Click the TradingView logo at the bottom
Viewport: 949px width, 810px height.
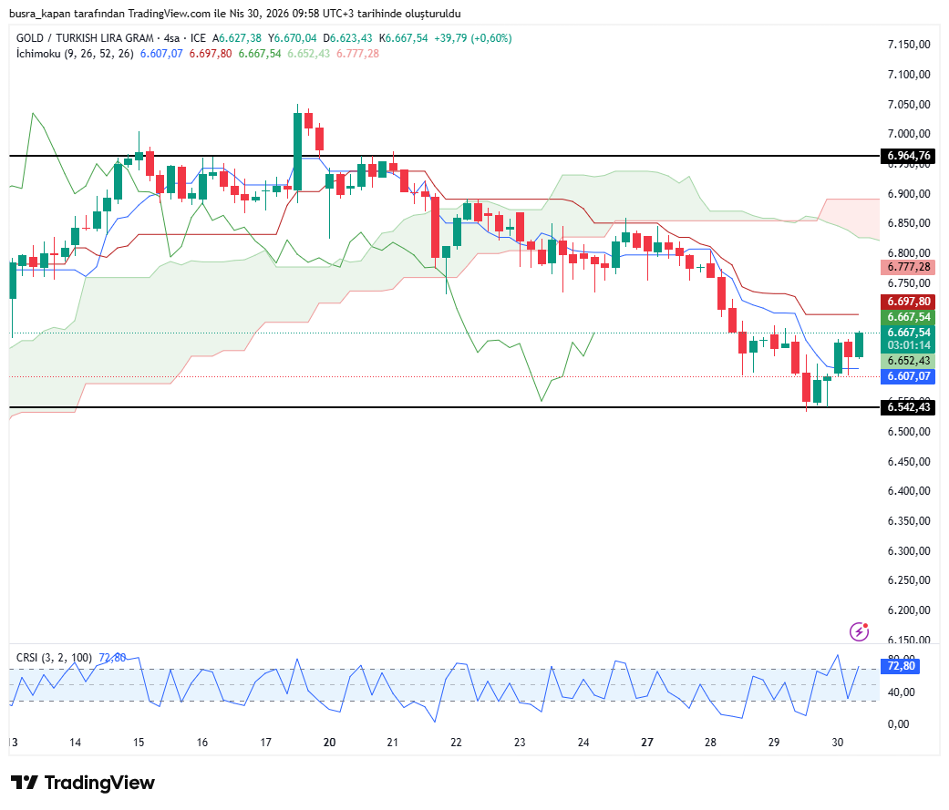click(x=83, y=783)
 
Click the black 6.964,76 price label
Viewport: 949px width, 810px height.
click(x=908, y=156)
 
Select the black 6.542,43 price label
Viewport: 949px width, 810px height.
click(x=908, y=407)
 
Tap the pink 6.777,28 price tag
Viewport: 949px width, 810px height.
click(x=908, y=267)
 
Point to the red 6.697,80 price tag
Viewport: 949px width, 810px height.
click(x=908, y=302)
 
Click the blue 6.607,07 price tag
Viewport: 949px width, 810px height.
click(x=908, y=375)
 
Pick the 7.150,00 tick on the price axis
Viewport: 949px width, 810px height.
click(x=908, y=45)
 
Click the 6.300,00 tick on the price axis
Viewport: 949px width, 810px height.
click(x=908, y=551)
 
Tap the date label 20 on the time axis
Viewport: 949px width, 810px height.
click(x=329, y=743)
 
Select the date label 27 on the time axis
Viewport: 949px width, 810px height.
click(x=646, y=743)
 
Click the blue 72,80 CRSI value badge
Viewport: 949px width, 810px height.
click(x=902, y=666)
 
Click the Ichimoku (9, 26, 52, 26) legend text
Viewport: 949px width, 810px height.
click(x=75, y=54)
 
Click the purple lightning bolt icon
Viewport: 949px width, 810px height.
click(x=859, y=631)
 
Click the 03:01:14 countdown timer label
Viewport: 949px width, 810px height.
click(x=908, y=345)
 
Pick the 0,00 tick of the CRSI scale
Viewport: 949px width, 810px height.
click(x=899, y=724)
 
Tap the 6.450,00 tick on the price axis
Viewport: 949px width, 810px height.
click(x=908, y=462)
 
